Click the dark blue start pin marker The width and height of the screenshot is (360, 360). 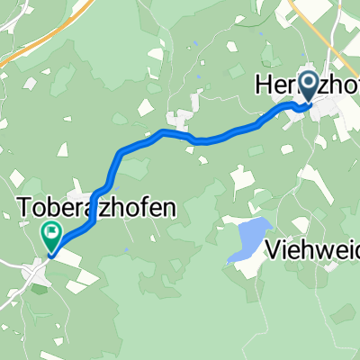point(308,87)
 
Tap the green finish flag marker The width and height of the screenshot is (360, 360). point(50,237)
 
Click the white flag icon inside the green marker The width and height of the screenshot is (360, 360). point(51,235)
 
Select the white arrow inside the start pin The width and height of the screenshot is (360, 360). point(308,85)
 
